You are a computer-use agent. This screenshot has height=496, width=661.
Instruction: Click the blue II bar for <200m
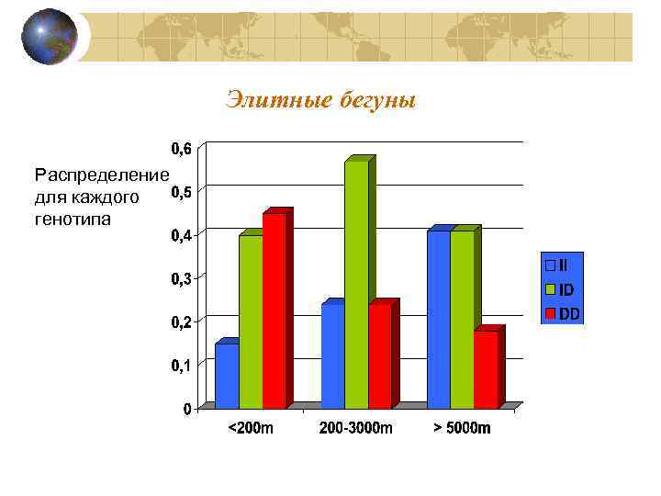coord(227,376)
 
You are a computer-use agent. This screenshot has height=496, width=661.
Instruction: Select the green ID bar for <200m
coord(251,321)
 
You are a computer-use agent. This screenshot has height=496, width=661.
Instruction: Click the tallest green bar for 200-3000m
coord(356,284)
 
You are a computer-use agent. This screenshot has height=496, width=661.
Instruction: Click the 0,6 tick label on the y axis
coord(180,149)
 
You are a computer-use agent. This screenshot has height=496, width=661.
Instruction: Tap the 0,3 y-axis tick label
coord(180,279)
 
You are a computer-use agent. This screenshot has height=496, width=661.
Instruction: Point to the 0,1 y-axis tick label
coord(180,366)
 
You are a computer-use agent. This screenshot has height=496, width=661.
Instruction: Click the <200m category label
coord(251,428)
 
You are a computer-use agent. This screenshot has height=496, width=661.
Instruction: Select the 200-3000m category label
coord(356,428)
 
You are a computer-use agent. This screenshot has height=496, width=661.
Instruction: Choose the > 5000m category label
coord(463,428)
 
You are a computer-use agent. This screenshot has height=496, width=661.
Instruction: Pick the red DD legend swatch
coord(551,313)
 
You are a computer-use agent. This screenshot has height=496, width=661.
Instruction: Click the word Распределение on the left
coord(101,175)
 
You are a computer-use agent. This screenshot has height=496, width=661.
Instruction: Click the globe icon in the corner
coord(49,37)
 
